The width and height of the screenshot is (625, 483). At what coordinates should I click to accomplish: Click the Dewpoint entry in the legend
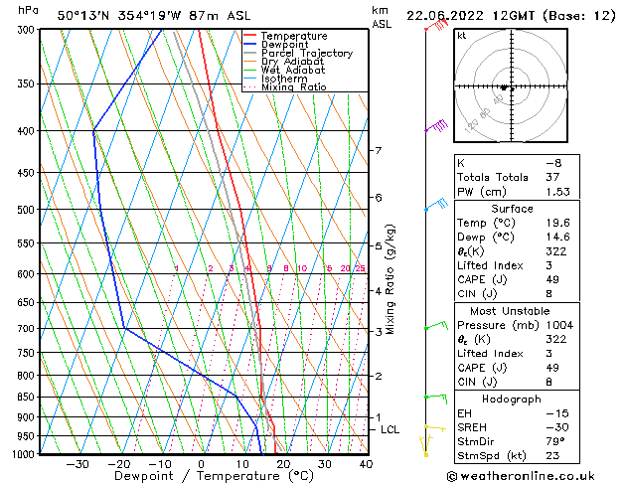pos(293,45)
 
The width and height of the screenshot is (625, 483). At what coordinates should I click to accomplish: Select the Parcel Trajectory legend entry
pos(306,54)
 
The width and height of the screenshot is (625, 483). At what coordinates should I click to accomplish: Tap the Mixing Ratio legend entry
pos(293,87)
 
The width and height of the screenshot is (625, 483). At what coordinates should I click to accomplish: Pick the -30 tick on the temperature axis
pos(77,463)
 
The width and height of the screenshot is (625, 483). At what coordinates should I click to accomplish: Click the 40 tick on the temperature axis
pos(366,463)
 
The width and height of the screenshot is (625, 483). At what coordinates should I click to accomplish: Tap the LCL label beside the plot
pos(390,429)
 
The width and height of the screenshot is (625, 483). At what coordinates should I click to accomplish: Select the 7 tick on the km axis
pos(378,151)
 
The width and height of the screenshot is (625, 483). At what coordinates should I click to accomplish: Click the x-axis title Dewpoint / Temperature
pos(199,477)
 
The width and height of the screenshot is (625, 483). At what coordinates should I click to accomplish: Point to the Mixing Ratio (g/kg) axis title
pos(391,279)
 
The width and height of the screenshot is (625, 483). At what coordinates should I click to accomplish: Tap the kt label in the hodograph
pos(462,36)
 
